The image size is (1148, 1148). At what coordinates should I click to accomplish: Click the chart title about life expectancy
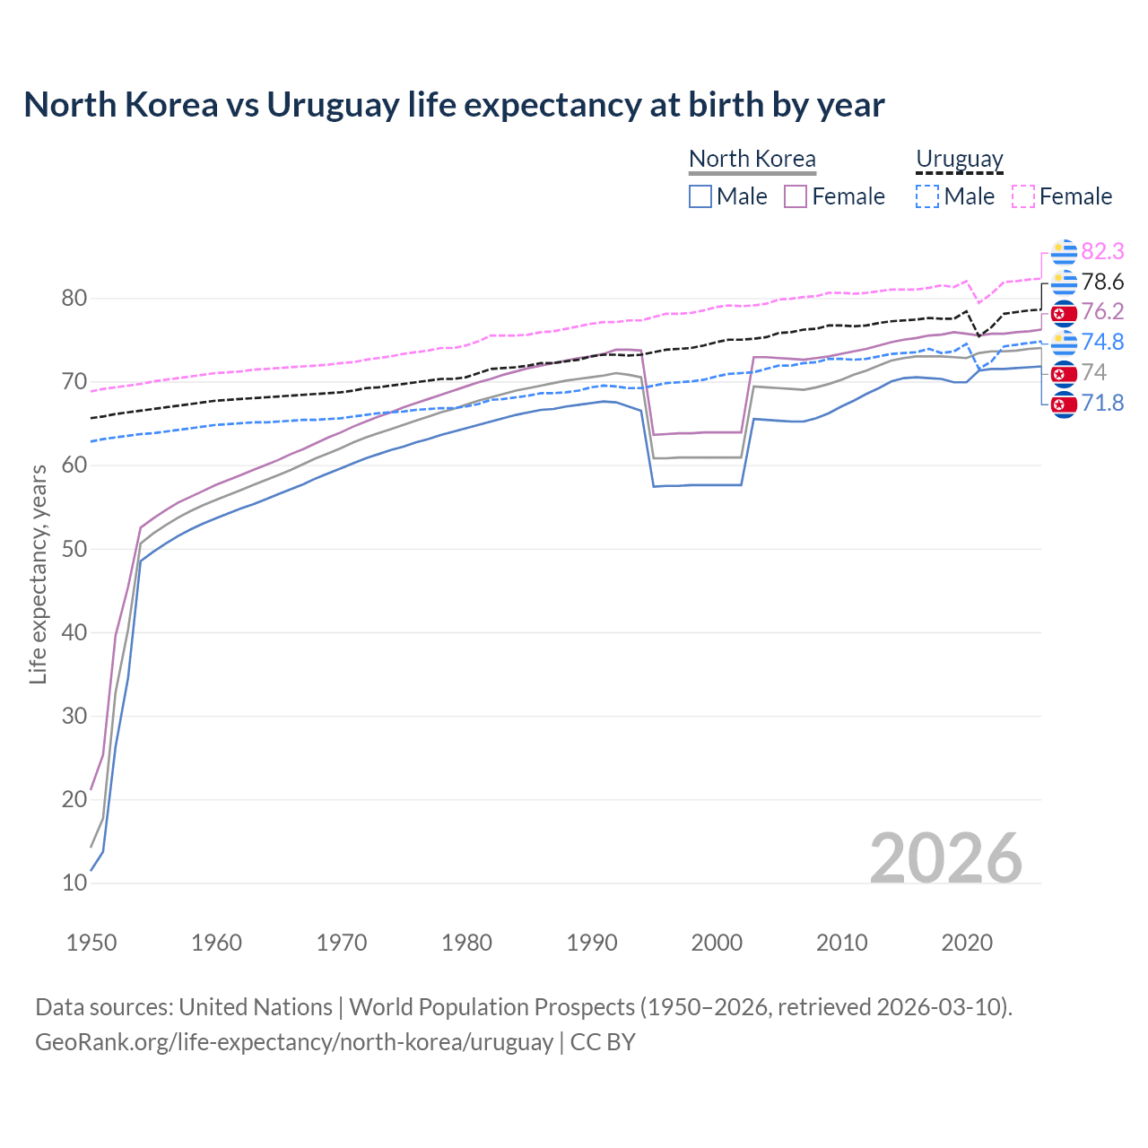(454, 105)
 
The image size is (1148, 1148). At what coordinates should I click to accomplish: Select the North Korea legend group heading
(752, 159)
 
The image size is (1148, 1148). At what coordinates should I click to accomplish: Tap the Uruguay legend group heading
(959, 159)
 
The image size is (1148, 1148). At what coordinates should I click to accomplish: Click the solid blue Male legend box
(700, 196)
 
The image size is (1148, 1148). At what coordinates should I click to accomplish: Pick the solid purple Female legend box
(796, 196)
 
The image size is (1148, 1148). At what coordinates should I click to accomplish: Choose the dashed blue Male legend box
(927, 196)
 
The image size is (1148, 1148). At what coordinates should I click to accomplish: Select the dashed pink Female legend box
(1023, 196)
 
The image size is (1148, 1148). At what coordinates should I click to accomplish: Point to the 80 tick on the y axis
(74, 299)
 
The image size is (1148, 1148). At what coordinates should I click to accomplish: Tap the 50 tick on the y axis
(74, 549)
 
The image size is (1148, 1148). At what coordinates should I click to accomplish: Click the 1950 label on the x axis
(91, 943)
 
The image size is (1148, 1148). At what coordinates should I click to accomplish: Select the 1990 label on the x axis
(592, 943)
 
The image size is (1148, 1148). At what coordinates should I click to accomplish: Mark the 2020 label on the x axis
(967, 943)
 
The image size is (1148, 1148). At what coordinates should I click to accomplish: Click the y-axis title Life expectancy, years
(38, 574)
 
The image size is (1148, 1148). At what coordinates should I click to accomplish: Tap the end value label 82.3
(1102, 251)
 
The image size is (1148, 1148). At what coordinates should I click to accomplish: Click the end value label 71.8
(1102, 403)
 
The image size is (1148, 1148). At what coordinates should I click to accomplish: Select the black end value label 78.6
(1102, 282)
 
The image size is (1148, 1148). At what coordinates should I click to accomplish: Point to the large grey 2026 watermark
(945, 858)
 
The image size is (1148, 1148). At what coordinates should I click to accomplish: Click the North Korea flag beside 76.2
(1064, 313)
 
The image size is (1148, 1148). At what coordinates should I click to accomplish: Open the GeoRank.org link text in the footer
(294, 1042)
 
